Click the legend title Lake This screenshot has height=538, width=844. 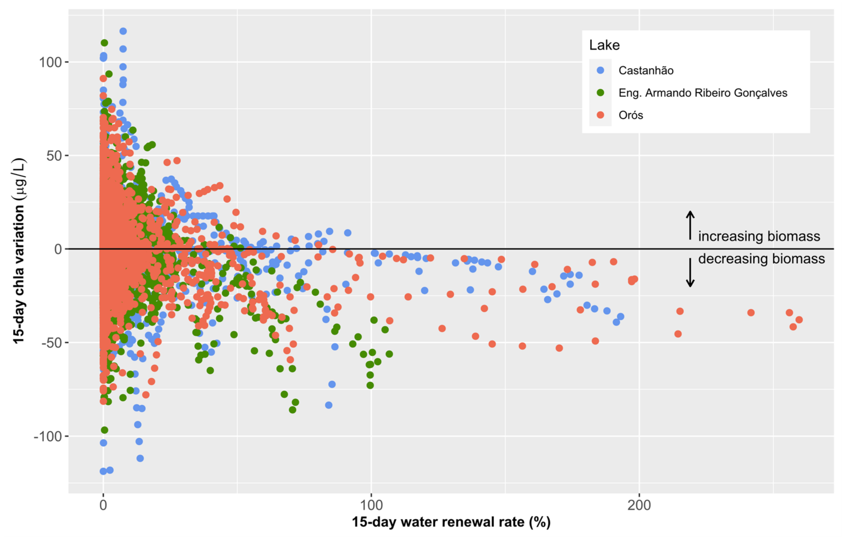(x=604, y=45)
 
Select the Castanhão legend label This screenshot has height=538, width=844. (x=646, y=70)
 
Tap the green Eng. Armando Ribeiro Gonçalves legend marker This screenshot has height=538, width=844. (x=600, y=93)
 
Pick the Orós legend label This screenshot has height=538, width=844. (x=630, y=115)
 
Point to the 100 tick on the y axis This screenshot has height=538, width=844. (x=50, y=62)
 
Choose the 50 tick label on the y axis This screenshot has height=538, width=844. (x=54, y=156)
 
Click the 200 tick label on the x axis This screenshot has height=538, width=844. (x=639, y=505)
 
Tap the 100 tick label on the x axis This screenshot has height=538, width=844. (x=371, y=505)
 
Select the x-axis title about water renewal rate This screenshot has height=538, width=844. (x=451, y=522)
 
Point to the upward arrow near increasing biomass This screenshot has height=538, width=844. (x=690, y=225)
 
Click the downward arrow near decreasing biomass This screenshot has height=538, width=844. (x=690, y=273)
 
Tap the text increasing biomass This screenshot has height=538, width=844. (x=759, y=236)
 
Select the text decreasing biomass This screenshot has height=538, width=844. (x=761, y=259)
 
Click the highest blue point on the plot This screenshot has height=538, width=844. (x=123, y=31)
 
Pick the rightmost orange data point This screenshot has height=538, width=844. (x=799, y=320)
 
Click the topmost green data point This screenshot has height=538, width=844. (x=104, y=43)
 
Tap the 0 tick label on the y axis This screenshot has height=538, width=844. (x=58, y=249)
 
